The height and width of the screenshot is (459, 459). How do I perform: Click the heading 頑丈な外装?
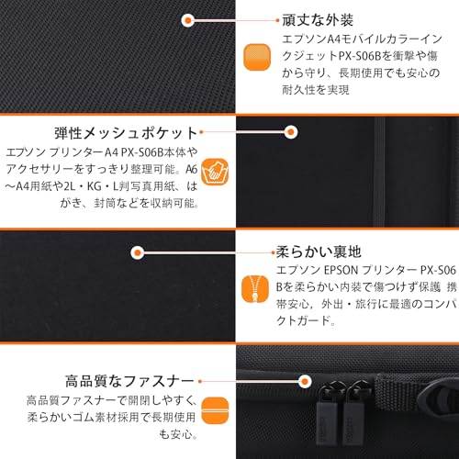(318, 20)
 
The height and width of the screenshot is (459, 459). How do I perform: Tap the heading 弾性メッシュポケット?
(126, 133)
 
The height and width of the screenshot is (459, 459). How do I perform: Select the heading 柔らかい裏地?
(319, 252)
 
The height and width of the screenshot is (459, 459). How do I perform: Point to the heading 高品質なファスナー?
(129, 381)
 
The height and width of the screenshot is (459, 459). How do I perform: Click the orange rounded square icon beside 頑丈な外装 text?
(257, 57)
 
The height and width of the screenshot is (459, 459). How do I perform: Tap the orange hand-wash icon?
(215, 172)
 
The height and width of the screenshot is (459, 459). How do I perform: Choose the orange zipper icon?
(255, 289)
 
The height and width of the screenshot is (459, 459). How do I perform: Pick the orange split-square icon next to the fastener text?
(215, 410)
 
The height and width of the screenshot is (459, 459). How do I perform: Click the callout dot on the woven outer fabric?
(188, 20)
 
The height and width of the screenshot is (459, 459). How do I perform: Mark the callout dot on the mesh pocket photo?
(291, 132)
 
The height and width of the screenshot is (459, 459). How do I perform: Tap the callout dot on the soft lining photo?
(138, 252)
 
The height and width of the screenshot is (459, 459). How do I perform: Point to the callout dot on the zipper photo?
(305, 381)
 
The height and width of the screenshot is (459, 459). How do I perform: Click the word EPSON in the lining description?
(341, 270)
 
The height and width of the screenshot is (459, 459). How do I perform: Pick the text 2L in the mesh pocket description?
(70, 186)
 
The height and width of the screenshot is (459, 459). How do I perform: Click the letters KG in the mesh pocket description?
(95, 186)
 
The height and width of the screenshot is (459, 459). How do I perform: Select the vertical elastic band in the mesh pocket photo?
(379, 172)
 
